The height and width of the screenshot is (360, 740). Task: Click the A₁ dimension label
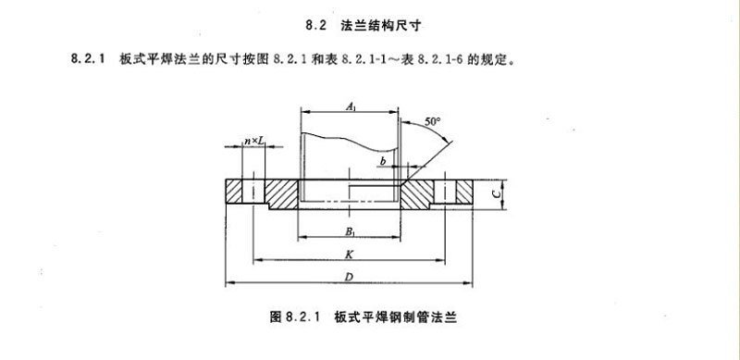click(x=351, y=106)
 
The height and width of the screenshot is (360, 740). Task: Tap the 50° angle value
click(x=432, y=121)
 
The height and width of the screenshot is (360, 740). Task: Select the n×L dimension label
click(x=253, y=142)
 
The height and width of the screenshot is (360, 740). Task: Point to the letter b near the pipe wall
click(x=383, y=162)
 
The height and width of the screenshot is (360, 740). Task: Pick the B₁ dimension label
click(x=350, y=231)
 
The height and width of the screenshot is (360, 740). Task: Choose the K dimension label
click(x=349, y=254)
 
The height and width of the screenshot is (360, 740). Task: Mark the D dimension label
click(x=350, y=278)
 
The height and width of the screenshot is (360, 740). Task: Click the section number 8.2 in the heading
click(x=316, y=26)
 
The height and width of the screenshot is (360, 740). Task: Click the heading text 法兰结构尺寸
click(x=380, y=26)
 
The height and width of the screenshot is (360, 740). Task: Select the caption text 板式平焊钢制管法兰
click(x=396, y=317)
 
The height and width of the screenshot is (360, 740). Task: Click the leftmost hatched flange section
click(x=234, y=192)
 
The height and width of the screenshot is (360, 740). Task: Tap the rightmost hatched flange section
click(x=464, y=192)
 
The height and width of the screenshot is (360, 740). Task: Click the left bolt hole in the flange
click(x=253, y=192)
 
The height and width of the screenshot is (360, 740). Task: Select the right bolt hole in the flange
click(x=445, y=192)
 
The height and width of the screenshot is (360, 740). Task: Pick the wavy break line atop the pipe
click(x=351, y=142)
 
